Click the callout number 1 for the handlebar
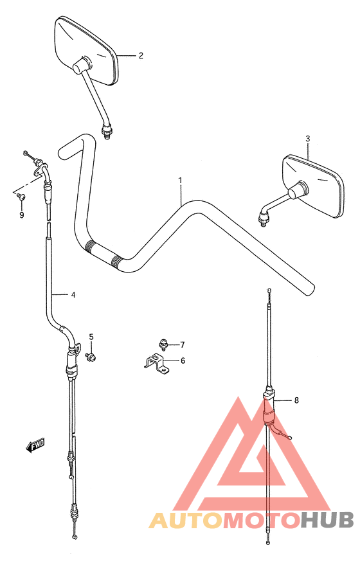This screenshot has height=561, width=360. point(181,181)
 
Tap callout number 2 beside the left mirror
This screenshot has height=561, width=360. point(141,55)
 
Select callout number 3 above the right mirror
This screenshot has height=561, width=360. point(308,139)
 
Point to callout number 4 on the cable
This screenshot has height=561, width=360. point(73,295)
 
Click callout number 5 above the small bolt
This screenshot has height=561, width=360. point(91,336)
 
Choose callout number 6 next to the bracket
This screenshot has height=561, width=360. point(183,361)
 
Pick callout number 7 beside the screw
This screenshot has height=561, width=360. point(183,345)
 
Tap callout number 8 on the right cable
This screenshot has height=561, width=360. point(296,400)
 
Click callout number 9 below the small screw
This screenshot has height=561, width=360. point(21,215)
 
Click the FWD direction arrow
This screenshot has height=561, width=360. point(35,445)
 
